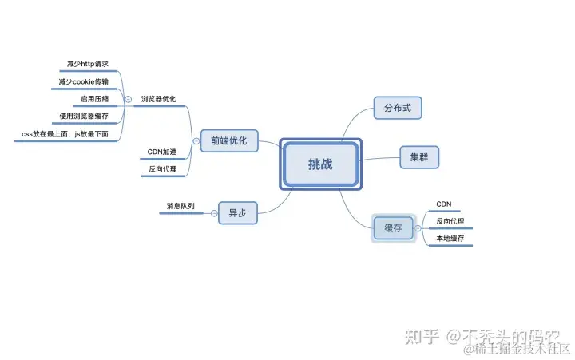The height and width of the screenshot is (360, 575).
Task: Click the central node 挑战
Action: click(x=321, y=164)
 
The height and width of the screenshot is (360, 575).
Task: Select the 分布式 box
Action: click(x=397, y=108)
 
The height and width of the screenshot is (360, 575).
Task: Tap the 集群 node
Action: click(x=419, y=157)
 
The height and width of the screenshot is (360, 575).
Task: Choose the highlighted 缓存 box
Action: click(x=393, y=228)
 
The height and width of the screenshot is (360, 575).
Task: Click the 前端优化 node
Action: click(x=229, y=141)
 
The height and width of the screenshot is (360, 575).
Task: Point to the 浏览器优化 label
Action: click(x=158, y=100)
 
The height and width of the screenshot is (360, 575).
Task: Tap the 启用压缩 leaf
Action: click(x=94, y=100)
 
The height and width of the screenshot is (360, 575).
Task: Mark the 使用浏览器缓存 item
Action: click(x=84, y=117)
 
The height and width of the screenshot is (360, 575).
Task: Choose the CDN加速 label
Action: click(x=162, y=152)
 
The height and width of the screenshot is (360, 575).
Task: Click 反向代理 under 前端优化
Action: click(x=163, y=169)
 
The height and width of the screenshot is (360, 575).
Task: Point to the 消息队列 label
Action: click(x=180, y=206)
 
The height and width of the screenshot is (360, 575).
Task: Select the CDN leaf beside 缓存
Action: click(x=444, y=204)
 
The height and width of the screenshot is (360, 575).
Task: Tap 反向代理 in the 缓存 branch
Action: click(x=450, y=221)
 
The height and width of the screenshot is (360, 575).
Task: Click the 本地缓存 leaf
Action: click(x=450, y=239)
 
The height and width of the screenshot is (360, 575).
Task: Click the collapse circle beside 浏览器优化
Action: click(x=129, y=100)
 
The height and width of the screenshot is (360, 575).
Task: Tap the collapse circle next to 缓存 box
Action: click(x=418, y=228)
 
